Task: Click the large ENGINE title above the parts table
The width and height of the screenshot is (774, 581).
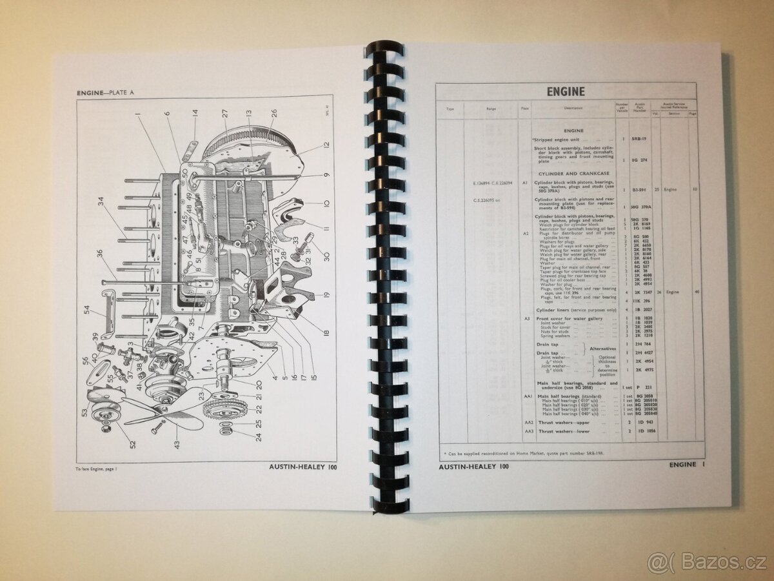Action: tap(566, 92)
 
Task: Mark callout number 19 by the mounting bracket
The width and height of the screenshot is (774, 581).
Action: tap(327, 295)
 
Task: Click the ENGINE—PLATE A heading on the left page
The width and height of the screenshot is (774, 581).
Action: tap(106, 93)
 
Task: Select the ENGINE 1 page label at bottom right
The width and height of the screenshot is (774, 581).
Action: tap(688, 464)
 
